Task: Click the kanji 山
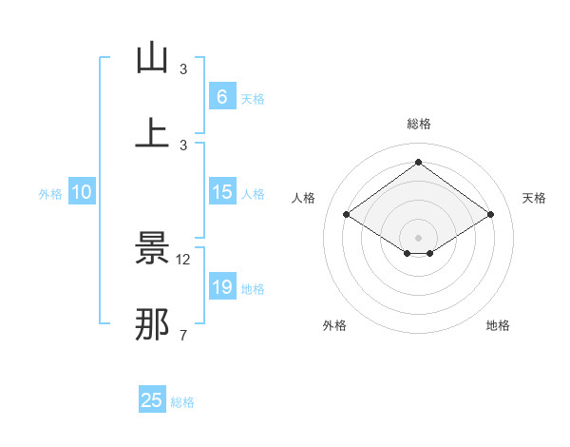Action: (153, 59)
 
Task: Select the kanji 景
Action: (153, 249)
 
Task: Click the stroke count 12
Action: (183, 260)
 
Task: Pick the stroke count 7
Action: (183, 335)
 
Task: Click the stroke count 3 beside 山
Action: (183, 69)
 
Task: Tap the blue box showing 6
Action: (221, 97)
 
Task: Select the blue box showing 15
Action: (221, 192)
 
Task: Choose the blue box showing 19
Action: (221, 287)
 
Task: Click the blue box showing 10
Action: (82, 192)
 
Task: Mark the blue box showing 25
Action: (152, 400)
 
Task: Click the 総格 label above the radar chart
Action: (419, 124)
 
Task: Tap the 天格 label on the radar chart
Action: (534, 198)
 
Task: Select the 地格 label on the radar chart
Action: (498, 325)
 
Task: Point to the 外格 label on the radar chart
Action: (334, 325)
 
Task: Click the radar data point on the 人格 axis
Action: (347, 215)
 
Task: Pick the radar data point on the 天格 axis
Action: (490, 215)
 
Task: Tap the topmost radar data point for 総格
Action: (419, 162)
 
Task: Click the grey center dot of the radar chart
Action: (419, 237)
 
